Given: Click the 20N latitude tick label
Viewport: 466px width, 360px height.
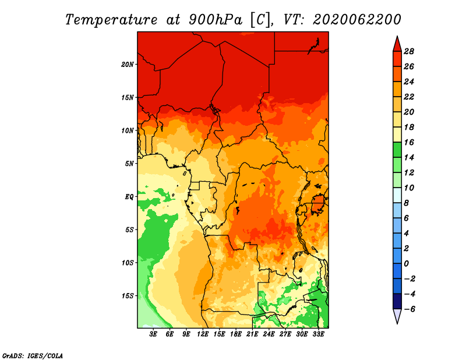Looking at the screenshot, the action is [128, 65].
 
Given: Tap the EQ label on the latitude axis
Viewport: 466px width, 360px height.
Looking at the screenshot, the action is [129, 197].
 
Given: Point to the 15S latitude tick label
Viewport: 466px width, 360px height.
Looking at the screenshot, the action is [128, 296].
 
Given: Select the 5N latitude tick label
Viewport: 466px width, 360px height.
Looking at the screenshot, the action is [129, 164].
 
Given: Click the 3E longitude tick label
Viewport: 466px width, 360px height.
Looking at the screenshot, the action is [153, 334].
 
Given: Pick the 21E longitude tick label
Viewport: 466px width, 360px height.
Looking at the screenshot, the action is [252, 334].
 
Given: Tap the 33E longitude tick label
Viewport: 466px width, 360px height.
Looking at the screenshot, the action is [318, 334].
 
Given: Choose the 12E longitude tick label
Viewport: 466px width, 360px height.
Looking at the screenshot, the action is [203, 334].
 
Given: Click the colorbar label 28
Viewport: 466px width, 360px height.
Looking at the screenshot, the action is [409, 51].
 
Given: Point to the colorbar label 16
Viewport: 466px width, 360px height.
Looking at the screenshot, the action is [409, 142].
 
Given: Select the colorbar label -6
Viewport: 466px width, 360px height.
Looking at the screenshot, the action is [409, 309].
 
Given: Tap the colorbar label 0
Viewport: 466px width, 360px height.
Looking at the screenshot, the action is [406, 264].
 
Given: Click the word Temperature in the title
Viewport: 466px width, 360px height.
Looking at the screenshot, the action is [111, 20].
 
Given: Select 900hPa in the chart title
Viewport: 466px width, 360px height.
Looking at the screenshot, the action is [216, 20].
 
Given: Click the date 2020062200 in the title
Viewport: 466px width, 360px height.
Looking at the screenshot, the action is [357, 20].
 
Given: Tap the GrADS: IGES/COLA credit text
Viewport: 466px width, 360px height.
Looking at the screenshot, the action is [33, 355].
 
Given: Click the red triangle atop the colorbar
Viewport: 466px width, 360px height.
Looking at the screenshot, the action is [397, 44].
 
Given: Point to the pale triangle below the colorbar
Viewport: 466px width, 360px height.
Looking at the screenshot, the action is [397, 316].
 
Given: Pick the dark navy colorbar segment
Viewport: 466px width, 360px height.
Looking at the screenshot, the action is [397, 301].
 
